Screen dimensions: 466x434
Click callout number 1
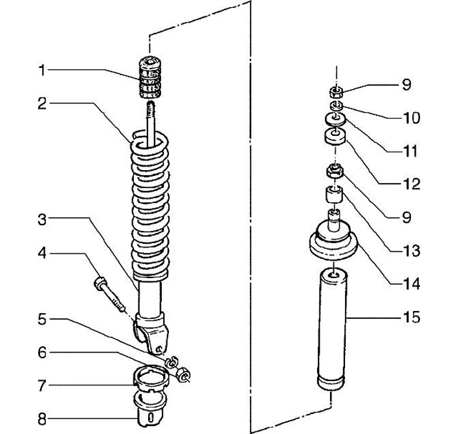click(42, 71)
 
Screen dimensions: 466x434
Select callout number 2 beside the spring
click(42, 104)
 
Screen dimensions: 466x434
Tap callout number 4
click(42, 254)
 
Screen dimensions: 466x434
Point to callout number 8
click(42, 420)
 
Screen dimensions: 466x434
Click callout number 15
click(412, 318)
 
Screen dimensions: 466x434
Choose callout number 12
click(412, 184)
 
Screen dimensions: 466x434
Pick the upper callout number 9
click(406, 85)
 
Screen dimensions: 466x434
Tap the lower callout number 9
click(406, 217)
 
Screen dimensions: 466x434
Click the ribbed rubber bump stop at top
click(150, 77)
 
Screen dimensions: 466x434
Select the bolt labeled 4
click(109, 294)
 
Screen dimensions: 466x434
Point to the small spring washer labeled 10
click(337, 105)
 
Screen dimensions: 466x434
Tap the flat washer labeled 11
click(335, 119)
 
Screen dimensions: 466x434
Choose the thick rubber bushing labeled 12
click(335, 136)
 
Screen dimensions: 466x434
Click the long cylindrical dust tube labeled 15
click(333, 329)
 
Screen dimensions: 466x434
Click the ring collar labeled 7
click(151, 378)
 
